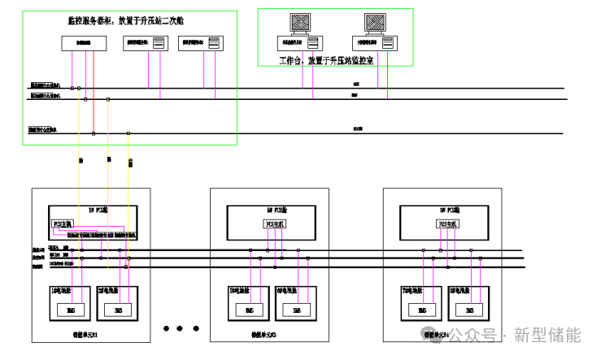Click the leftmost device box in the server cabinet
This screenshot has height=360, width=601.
pyautogui.click(x=85, y=42)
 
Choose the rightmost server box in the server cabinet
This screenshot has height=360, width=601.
pyautogui.click(x=201, y=43)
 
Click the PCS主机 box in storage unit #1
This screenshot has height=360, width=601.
pyautogui.click(x=63, y=223)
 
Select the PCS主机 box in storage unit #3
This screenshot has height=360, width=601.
pyautogui.click(x=272, y=223)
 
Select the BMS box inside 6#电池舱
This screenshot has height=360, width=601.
pyautogui.click(x=297, y=310)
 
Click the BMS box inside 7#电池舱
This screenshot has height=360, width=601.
pyautogui.click(x=422, y=310)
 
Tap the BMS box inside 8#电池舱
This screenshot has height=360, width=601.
pyautogui.click(x=470, y=310)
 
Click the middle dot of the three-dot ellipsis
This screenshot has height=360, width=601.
pyautogui.click(x=180, y=328)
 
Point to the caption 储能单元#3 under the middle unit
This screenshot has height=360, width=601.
pyautogui.click(x=265, y=334)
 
